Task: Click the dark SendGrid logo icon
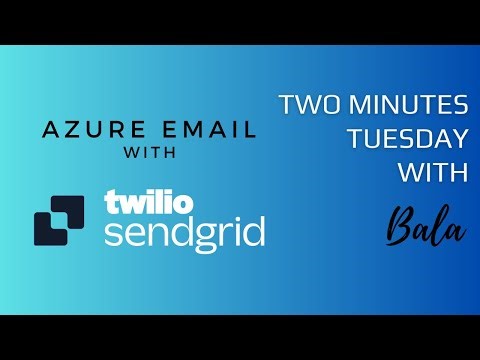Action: [x=60, y=219]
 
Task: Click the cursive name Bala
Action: [x=425, y=227]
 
